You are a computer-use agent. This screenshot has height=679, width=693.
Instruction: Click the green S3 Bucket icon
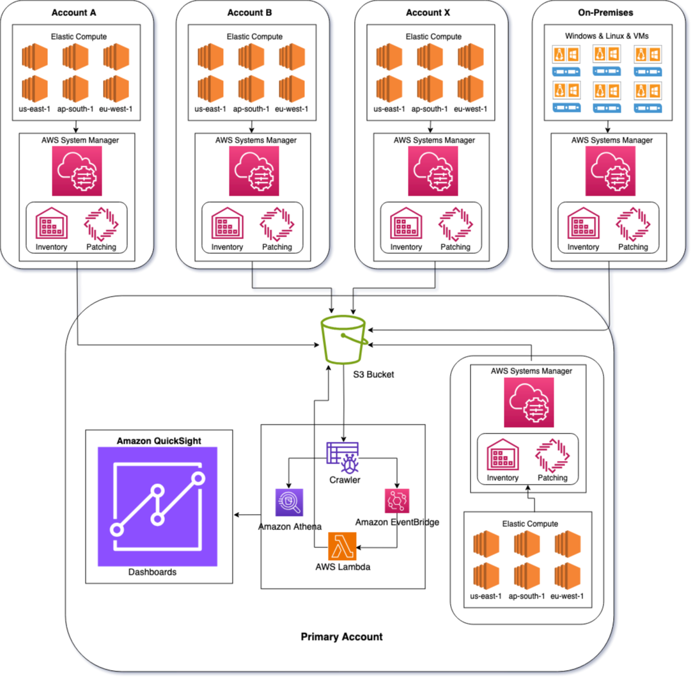[x=343, y=339]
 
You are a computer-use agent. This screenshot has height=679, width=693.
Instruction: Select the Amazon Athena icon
[x=288, y=503]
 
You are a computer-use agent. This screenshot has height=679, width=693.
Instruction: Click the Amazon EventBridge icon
[x=397, y=501]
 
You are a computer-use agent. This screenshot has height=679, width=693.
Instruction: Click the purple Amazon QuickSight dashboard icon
[x=157, y=506]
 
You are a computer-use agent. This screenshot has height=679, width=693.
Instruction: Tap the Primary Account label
[x=341, y=637]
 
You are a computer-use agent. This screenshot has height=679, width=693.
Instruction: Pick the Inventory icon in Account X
[x=406, y=224]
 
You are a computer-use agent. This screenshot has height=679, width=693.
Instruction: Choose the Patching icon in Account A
[x=101, y=224]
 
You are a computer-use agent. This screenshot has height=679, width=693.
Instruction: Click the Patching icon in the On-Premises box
[x=633, y=224]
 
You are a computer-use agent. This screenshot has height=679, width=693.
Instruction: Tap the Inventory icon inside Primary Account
[x=502, y=456]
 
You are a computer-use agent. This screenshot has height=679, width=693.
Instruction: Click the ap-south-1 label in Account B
[x=254, y=109]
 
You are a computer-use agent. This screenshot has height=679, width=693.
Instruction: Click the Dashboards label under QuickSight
[x=152, y=572]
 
